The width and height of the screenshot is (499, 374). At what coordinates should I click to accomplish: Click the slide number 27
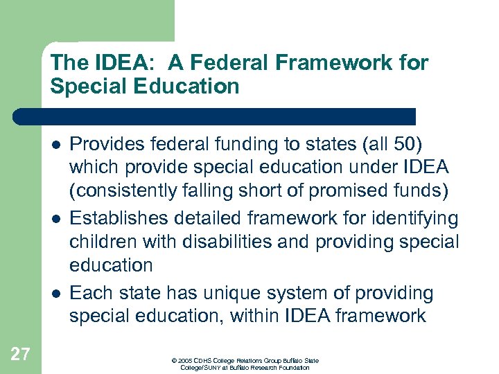tap(21, 355)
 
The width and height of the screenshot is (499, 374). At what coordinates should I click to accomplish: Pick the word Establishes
tap(115, 220)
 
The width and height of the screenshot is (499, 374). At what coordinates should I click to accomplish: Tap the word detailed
tap(200, 220)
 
